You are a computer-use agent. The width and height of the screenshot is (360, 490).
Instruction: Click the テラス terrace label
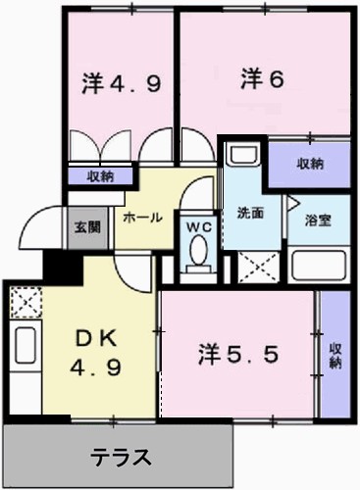(122, 456)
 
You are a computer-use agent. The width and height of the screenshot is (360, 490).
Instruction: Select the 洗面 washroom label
(250, 213)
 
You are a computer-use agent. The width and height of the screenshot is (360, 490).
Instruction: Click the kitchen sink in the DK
(25, 345)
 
